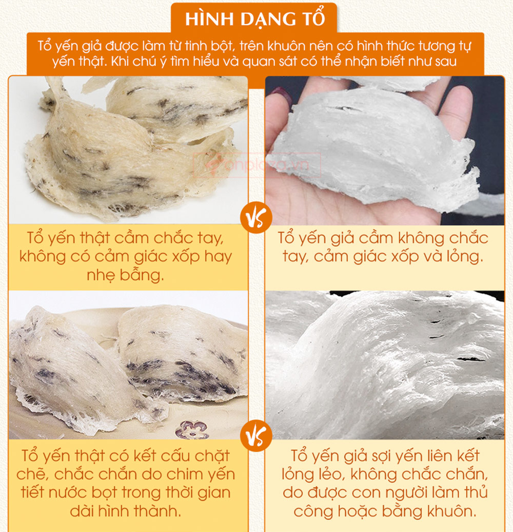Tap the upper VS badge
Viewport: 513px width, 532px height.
pyautogui.click(x=256, y=218)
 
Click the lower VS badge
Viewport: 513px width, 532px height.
pyautogui.click(x=256, y=435)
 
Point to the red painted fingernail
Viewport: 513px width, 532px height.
pyautogui.click(x=283, y=95)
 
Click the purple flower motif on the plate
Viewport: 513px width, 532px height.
pyautogui.click(x=192, y=429)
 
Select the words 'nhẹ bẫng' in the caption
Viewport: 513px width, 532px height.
pyautogui.click(x=125, y=275)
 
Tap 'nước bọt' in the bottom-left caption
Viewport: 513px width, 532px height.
pyautogui.click(x=83, y=492)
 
